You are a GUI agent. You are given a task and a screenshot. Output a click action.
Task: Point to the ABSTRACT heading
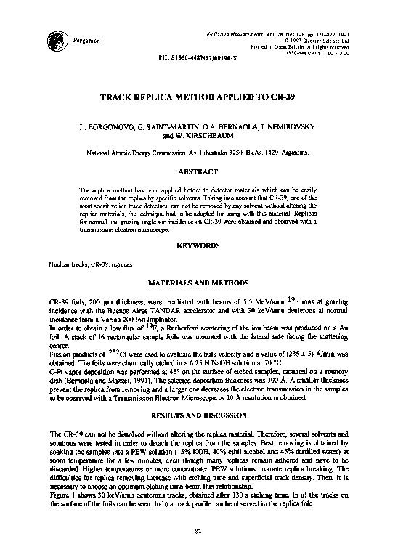[198, 172]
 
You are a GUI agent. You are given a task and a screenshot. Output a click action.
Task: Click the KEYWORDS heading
[198, 246]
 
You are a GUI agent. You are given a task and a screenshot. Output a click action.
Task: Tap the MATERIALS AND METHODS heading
[198, 282]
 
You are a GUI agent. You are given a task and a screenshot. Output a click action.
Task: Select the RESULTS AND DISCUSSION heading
[198, 418]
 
